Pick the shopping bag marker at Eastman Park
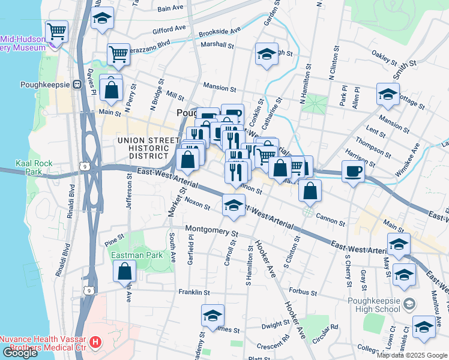(124, 271)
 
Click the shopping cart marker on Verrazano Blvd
(118, 54)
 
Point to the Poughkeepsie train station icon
(77, 85)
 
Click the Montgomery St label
(212, 230)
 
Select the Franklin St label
(193, 292)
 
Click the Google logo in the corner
(20, 352)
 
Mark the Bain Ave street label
(170, 9)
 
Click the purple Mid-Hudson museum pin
(55, 43)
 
